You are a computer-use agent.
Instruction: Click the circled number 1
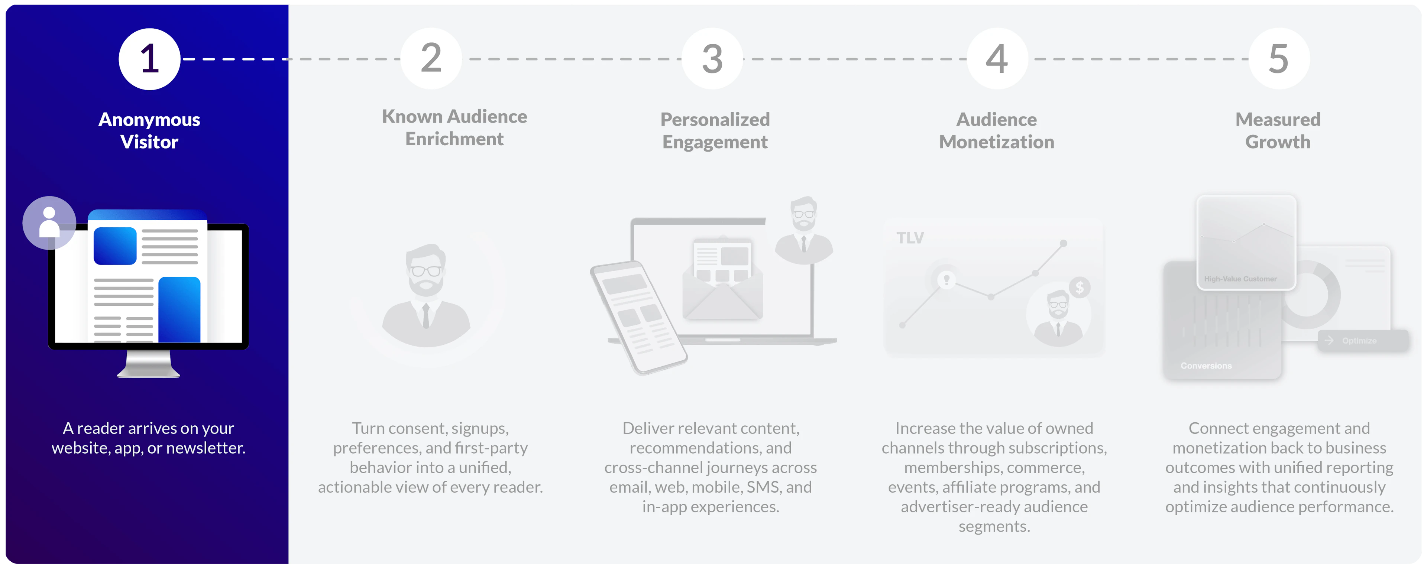(149, 59)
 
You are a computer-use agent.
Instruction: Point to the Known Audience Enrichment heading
(454, 127)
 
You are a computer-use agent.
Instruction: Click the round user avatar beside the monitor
(49, 223)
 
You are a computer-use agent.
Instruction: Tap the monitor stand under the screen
(149, 364)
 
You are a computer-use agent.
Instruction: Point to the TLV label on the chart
(910, 238)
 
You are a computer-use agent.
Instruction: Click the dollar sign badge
(1080, 287)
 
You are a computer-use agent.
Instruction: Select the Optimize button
(1363, 341)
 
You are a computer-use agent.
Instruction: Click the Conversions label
(1206, 366)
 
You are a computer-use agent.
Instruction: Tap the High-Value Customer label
(1240, 279)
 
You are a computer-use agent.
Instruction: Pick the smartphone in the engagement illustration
(639, 317)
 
